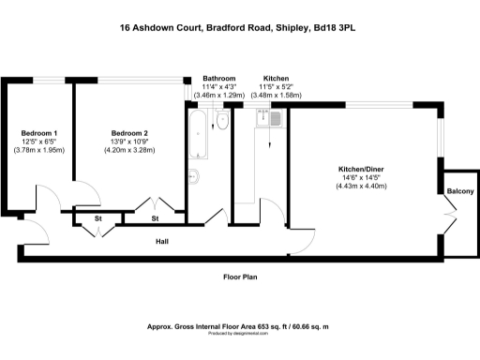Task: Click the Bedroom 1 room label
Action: [39, 133]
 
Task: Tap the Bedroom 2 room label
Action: [129, 133]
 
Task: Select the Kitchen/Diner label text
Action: [361, 170]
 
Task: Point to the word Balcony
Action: [460, 191]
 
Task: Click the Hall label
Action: [162, 242]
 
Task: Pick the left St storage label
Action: [97, 219]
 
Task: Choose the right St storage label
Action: [156, 219]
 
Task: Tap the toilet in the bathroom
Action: [223, 121]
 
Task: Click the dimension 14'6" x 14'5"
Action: [361, 177]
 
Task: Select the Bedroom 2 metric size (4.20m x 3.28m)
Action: [129, 149]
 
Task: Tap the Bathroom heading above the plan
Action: [218, 79]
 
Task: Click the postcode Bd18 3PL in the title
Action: [337, 28]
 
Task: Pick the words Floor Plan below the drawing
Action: [240, 277]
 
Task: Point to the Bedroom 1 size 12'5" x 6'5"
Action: [39, 142]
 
